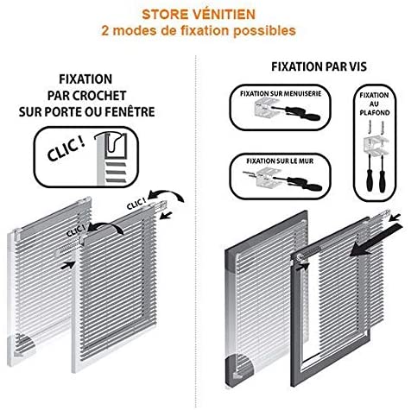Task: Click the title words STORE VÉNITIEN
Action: click(x=199, y=15)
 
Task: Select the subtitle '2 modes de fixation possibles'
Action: click(x=199, y=30)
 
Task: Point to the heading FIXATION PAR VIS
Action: click(x=319, y=66)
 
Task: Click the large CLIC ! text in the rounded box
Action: click(x=66, y=148)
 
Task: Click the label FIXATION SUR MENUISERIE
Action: click(x=281, y=93)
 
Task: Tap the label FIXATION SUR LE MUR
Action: click(x=280, y=161)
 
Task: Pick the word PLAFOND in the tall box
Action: click(x=375, y=112)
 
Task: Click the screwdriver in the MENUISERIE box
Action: click(x=296, y=113)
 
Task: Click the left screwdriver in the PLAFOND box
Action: click(x=370, y=174)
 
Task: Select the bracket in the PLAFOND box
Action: click(x=376, y=146)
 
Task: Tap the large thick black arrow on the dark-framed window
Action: click(x=376, y=240)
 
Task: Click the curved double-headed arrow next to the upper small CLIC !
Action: click(x=166, y=195)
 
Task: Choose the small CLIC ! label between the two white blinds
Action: click(x=76, y=230)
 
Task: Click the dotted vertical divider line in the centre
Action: click(x=196, y=230)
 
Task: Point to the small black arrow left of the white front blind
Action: click(x=68, y=265)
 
